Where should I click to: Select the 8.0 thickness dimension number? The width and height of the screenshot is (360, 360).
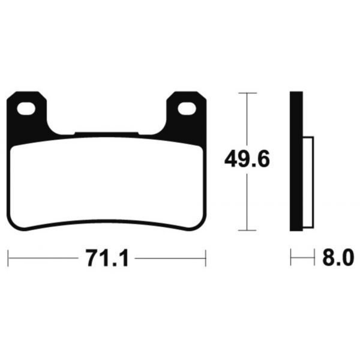[x=338, y=259]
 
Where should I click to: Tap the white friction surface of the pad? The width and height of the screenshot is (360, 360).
[x=107, y=183]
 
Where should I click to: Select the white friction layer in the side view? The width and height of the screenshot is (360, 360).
[x=310, y=184]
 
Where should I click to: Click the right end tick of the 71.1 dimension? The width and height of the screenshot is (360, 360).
[x=206, y=259]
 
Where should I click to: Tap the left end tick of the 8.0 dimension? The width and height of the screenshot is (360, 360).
[x=291, y=259]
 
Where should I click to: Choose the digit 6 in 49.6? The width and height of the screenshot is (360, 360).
[x=262, y=160]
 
